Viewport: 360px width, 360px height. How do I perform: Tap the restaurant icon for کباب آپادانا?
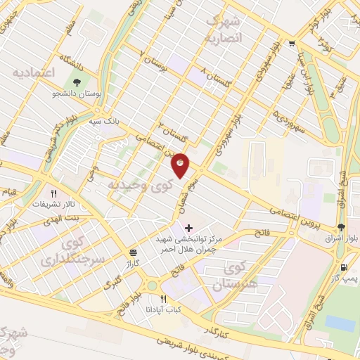tap(163, 299)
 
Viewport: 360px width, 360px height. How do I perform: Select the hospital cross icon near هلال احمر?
tap(188, 229)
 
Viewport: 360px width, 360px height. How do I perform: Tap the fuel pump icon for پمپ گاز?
tap(343, 267)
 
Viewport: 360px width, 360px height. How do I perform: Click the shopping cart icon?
tap(292, 42)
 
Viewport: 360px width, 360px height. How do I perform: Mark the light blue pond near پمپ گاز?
tap(340, 323)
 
